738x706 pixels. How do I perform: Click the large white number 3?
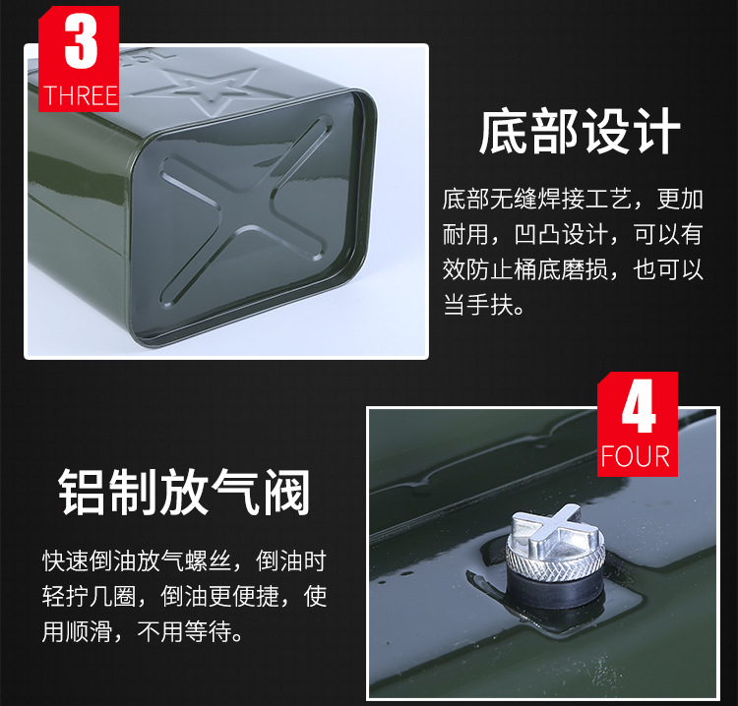81,41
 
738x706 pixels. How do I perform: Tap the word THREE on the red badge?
81,96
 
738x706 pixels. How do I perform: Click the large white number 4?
639,406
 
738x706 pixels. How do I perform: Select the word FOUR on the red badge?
636,456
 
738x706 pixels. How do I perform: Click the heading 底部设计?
580,131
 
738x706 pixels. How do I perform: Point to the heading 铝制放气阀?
184,492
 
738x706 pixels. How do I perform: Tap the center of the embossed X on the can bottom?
246,208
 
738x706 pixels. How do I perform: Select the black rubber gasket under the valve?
555,588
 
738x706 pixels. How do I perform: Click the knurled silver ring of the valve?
555,559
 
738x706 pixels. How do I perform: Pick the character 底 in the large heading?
504,131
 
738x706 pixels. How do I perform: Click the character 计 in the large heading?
656,131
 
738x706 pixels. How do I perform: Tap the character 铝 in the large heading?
82,492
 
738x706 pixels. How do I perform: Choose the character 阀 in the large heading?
286,492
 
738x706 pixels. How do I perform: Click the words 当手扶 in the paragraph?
478,304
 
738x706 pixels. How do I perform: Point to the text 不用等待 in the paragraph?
184,630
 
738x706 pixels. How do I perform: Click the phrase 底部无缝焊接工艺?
537,199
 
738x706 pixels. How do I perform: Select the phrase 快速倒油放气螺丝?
137,560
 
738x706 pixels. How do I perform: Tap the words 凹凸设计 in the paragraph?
561,234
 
